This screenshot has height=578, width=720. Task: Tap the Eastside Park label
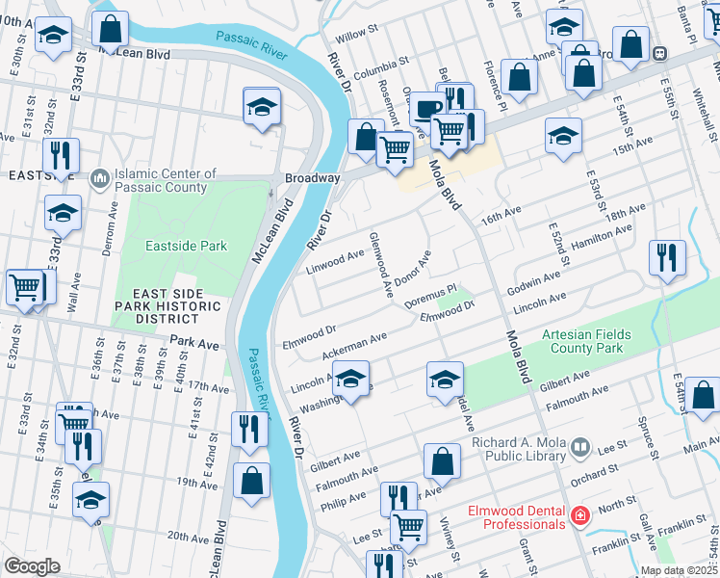[x=186, y=247]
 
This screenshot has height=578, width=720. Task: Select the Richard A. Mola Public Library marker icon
[x=579, y=447]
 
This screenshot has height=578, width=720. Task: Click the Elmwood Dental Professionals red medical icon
[x=579, y=516]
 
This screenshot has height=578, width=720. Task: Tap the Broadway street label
[x=312, y=179]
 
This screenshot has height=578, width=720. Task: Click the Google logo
[x=32, y=566]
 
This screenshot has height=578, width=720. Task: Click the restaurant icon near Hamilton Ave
[x=667, y=257]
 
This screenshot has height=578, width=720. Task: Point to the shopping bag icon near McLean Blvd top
[x=111, y=29]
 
